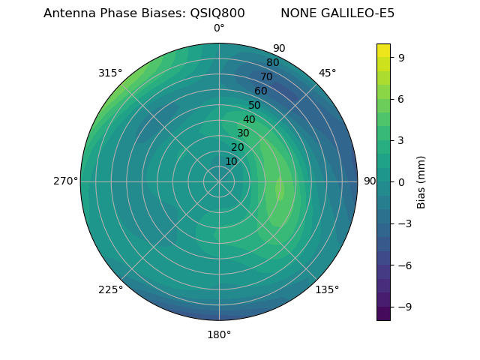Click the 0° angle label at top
tap(219, 28)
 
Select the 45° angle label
tap(328, 73)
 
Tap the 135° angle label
tap(327, 289)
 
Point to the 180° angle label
tap(219, 334)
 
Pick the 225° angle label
tap(110, 289)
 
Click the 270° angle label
tap(65, 181)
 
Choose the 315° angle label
tap(110, 73)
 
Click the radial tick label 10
tap(231, 161)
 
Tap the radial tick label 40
tap(249, 119)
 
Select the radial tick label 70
tap(266, 76)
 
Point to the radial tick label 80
tap(272, 63)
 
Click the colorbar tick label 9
tap(402, 57)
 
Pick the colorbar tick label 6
tap(402, 98)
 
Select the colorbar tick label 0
tap(402, 181)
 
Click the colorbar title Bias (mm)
tap(421, 181)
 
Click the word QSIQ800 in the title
tap(212, 13)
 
